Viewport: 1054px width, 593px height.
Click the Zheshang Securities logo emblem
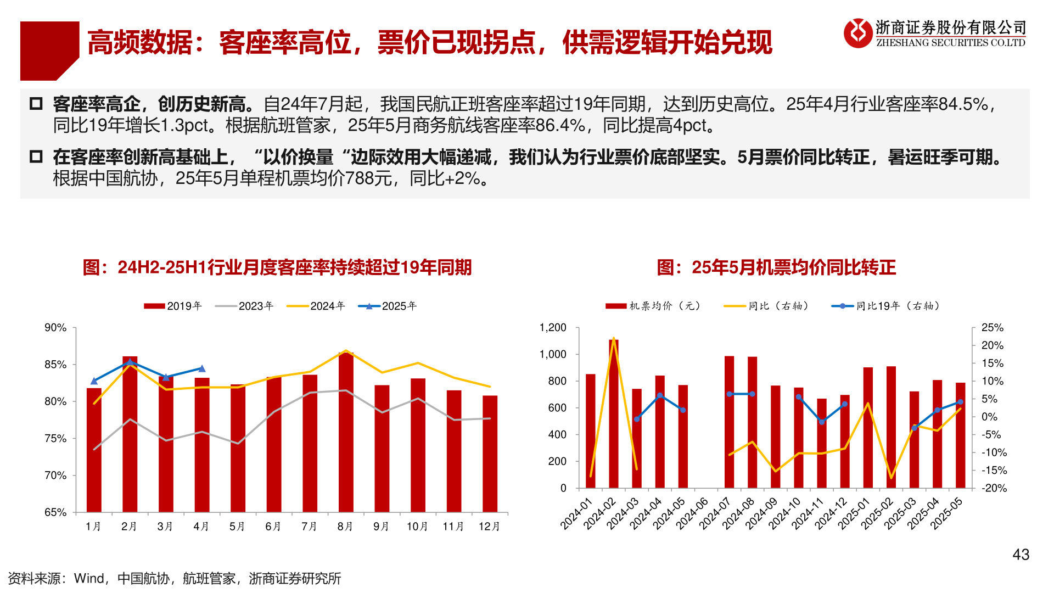(857, 33)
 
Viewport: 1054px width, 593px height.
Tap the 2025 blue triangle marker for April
(201, 368)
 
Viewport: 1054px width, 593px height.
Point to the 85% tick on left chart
(55, 365)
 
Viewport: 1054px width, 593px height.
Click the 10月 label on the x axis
(417, 527)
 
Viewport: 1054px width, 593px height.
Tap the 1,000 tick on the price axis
(553, 354)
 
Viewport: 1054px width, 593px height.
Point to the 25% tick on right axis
(992, 327)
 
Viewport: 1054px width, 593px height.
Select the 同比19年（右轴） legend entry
(885, 306)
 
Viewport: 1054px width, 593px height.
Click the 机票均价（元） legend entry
(653, 306)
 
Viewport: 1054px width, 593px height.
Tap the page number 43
(1021, 555)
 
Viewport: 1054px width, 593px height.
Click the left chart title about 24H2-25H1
(277, 267)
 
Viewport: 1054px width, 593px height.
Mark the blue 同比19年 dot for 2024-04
(660, 395)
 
